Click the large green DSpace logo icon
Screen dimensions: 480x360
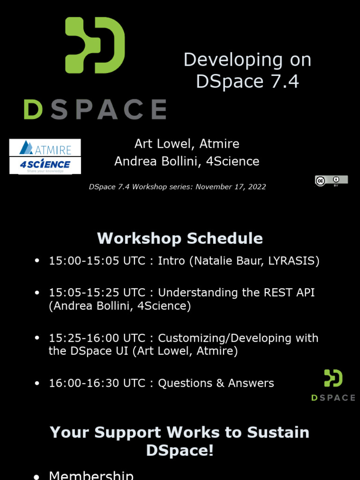pyautogui.click(x=95, y=45)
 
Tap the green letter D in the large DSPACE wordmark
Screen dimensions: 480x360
pyautogui.click(x=33, y=109)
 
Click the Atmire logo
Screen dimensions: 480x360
pyautogui.click(x=45, y=149)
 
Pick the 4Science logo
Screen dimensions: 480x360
pyautogui.click(x=45, y=165)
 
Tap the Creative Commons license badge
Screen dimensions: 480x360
pyautogui.click(x=331, y=180)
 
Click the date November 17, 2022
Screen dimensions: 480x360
pyautogui.click(x=231, y=187)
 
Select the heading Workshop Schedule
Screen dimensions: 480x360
pyautogui.click(x=180, y=238)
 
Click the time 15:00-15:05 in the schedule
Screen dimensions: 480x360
pyautogui.click(x=84, y=261)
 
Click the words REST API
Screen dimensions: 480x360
pyautogui.click(x=290, y=292)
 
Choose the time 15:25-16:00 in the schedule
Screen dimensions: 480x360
pyautogui.click(x=84, y=338)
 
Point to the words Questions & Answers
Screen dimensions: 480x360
pyautogui.click(x=216, y=383)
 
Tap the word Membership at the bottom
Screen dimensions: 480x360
pyautogui.click(x=91, y=475)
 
